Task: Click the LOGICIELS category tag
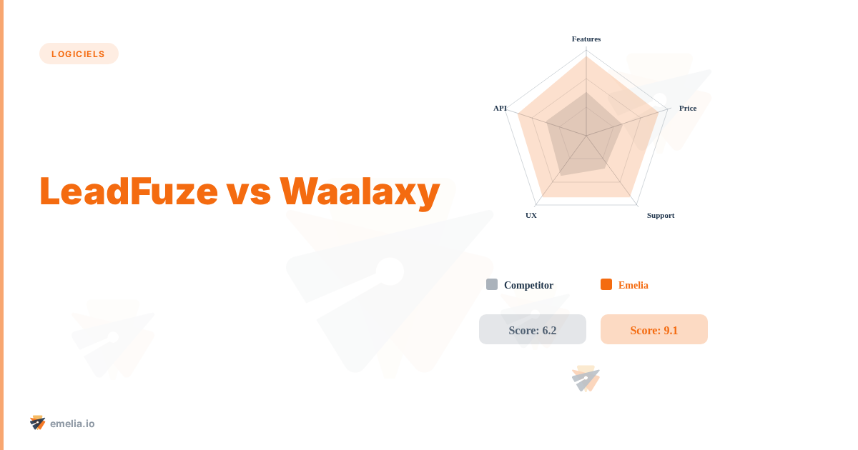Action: coord(79,54)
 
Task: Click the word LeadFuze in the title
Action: coord(129,191)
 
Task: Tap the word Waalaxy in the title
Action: coord(360,191)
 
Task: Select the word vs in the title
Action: coord(248,191)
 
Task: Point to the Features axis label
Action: coord(586,39)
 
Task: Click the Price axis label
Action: coord(688,108)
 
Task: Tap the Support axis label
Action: coord(661,215)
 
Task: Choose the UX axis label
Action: coord(531,215)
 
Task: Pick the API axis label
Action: coord(500,108)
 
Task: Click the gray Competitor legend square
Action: coord(492,284)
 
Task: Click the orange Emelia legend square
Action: coord(606,284)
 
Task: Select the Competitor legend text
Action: coord(528,285)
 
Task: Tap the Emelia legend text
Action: coord(633,285)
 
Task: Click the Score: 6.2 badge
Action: coord(533,330)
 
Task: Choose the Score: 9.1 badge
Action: coord(654,330)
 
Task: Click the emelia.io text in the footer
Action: coord(72,424)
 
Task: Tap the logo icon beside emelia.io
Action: coord(38,423)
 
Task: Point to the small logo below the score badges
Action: coord(586,379)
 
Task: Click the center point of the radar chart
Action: coord(586,136)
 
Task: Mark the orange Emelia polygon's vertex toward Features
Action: coord(586,57)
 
